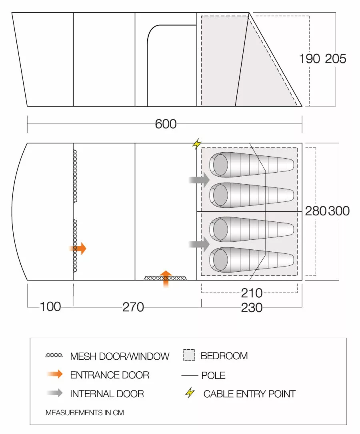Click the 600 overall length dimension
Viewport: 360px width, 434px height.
(x=166, y=124)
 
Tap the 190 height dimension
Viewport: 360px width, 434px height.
(x=310, y=59)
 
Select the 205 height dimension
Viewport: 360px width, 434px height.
(x=335, y=59)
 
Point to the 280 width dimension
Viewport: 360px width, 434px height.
(x=316, y=211)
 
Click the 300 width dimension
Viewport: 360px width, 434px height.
(x=339, y=211)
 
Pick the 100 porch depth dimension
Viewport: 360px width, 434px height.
(x=50, y=307)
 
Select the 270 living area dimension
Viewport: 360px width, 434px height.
(x=133, y=307)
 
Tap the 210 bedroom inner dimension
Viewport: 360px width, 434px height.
(x=252, y=293)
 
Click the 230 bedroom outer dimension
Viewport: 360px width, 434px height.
(x=252, y=307)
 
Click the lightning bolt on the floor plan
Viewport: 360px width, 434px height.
(x=197, y=144)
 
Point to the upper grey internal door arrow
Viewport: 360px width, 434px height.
(x=200, y=180)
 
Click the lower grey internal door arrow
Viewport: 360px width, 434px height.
(x=200, y=243)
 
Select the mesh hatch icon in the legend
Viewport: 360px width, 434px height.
(x=54, y=355)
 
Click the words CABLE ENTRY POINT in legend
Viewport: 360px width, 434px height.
(x=249, y=394)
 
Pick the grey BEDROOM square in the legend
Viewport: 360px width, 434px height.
(x=189, y=355)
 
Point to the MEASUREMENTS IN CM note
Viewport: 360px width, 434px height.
(x=85, y=413)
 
